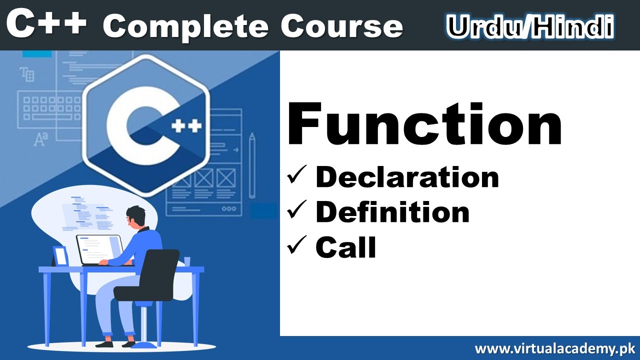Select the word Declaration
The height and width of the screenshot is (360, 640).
point(407,177)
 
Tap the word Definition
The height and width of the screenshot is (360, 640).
point(392,212)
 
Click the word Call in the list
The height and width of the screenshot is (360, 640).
point(345,247)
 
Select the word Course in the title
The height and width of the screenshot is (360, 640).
point(341,26)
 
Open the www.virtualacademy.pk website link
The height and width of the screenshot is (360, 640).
point(554,348)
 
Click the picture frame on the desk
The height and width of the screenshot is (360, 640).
point(60,255)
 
